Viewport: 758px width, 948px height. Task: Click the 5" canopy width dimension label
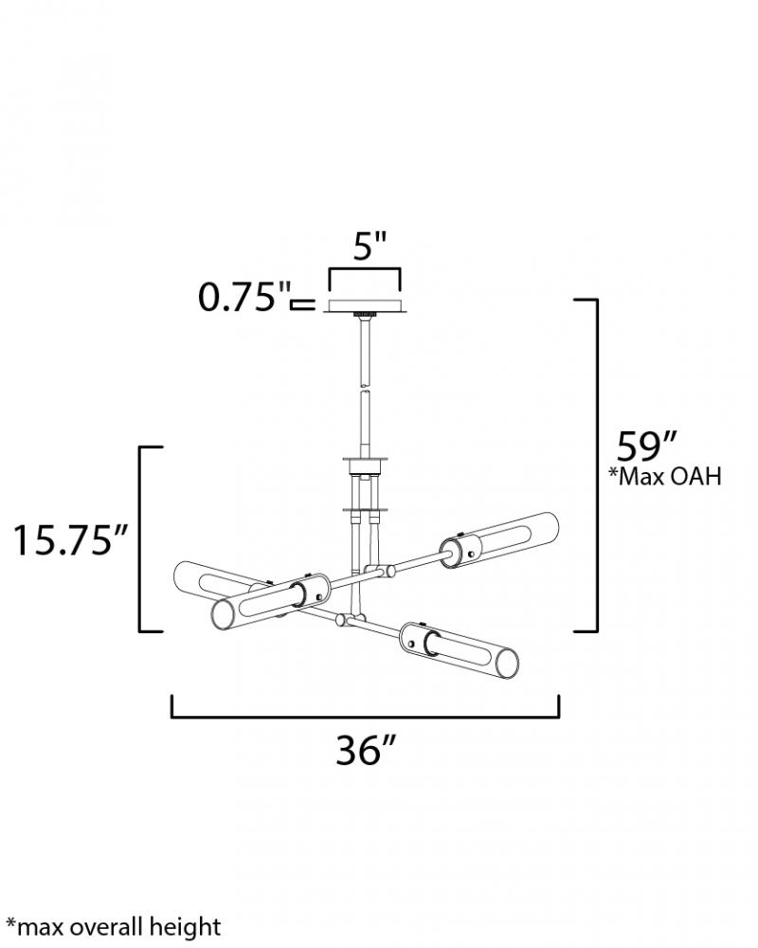pos(370,246)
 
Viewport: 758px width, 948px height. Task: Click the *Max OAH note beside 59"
pos(665,477)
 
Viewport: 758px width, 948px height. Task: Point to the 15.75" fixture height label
pos(71,540)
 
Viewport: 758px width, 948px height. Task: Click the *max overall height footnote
pos(114,927)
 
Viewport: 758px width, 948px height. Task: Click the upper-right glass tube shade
pos(498,540)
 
